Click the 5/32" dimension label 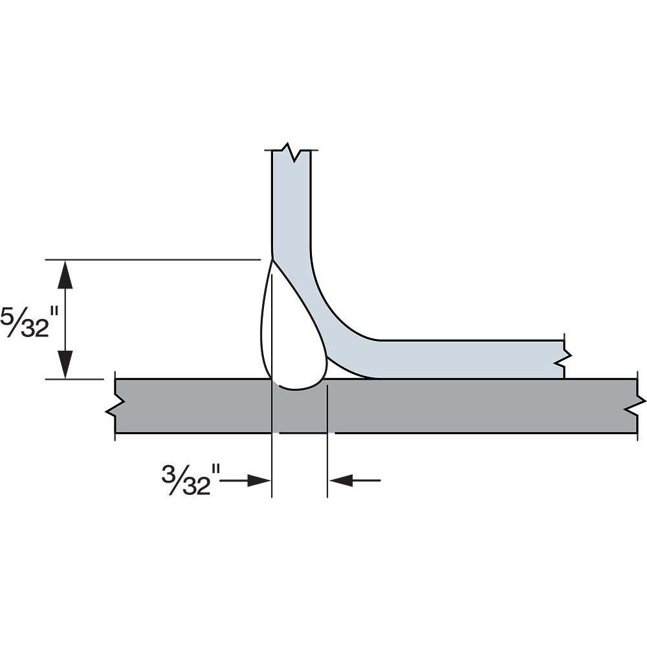point(26,320)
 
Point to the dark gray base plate point(453,406)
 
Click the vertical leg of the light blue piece point(291,207)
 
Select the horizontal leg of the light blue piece point(466,358)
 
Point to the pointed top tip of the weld point(271,261)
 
